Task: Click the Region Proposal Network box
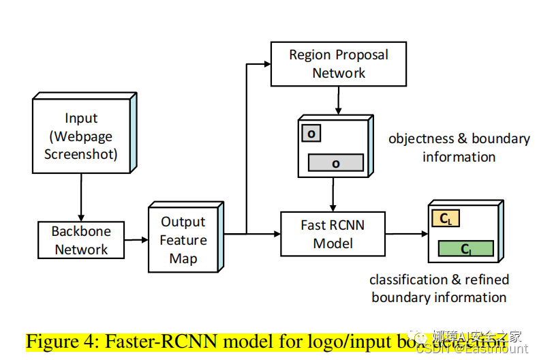tap(339, 64)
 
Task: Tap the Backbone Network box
tap(80, 240)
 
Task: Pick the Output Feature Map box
tap(183, 240)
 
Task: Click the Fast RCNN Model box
tap(333, 234)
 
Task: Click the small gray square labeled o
tap(311, 134)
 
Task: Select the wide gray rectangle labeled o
tap(335, 162)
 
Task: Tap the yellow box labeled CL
tap(446, 219)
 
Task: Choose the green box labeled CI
tap(465, 249)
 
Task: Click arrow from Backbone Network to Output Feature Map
tap(136, 239)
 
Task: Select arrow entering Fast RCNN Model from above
tap(333, 196)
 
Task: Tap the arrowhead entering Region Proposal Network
tap(266, 64)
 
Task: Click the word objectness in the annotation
tap(420, 138)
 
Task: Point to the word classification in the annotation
tap(399, 280)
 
